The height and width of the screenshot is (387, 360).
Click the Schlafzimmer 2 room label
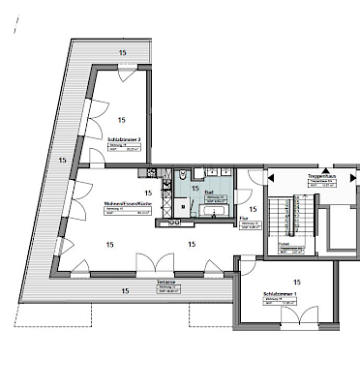click(125, 138)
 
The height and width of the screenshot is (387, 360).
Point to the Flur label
click(244, 220)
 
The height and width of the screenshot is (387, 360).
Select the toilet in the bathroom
click(181, 177)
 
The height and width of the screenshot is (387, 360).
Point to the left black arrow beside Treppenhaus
click(272, 177)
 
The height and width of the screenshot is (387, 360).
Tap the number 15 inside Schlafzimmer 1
click(295, 281)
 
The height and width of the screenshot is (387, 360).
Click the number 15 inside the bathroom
click(195, 188)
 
